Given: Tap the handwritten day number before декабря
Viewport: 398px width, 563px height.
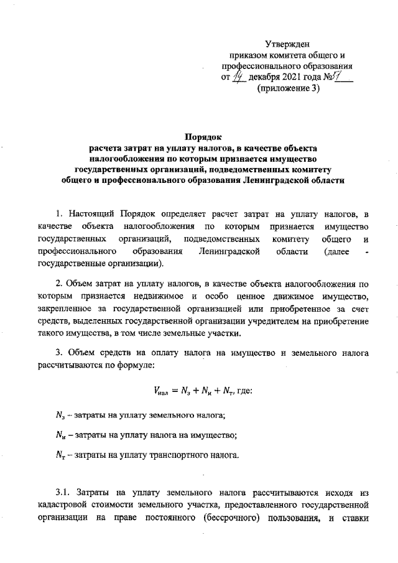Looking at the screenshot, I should coord(238,77).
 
